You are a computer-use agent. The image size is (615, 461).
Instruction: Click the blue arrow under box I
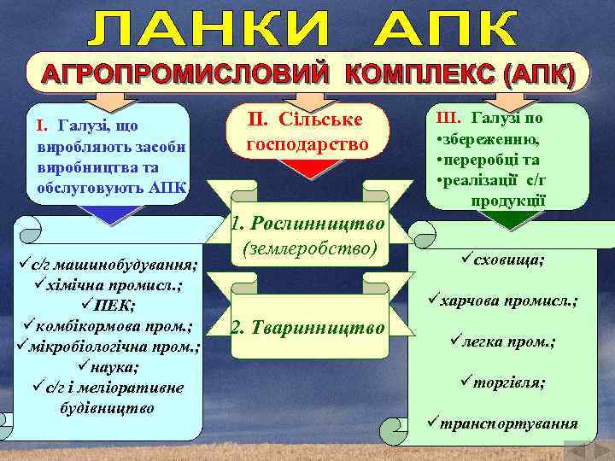110,215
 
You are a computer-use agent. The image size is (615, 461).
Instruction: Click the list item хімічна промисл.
108,283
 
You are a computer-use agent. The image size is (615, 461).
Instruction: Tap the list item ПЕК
108,305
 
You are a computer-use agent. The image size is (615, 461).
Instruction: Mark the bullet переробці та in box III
491,160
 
